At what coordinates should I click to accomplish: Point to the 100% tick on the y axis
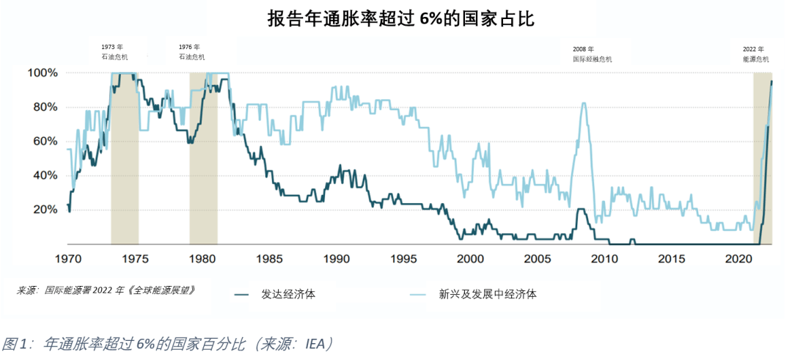coord(42,73)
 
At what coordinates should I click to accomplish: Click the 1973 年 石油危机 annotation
coord(114,52)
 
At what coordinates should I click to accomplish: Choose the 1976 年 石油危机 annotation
coord(191,52)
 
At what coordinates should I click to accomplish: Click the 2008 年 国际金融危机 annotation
coord(592,53)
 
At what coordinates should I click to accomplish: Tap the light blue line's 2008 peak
coord(584,103)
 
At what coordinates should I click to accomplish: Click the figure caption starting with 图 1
coord(168,343)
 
